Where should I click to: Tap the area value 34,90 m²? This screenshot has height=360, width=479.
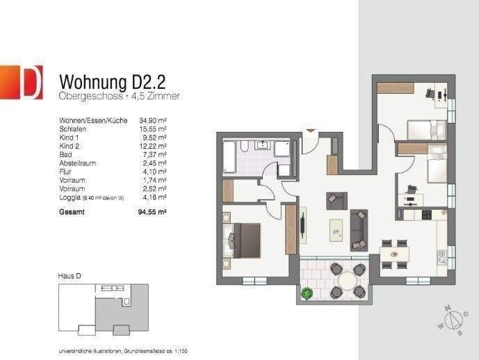coord(153,120)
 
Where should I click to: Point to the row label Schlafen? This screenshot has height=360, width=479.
coord(73,129)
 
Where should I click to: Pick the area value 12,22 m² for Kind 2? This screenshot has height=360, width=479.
coord(153,146)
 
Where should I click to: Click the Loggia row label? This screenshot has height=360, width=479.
coord(71,197)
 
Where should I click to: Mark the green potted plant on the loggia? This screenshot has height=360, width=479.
coord(306,294)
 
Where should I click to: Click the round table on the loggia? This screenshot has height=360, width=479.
coord(345,281)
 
